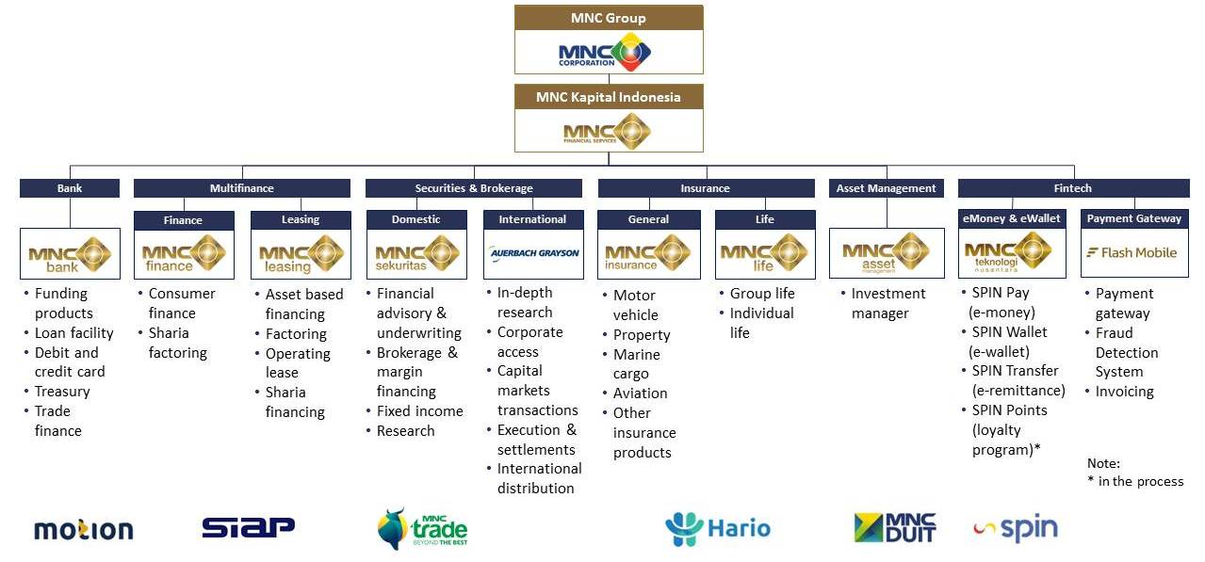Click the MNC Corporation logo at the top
605,52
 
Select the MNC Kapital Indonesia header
609,97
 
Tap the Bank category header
70,188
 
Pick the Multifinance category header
241,188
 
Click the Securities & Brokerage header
473,188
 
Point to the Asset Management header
886,188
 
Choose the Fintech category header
1073,188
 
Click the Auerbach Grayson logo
534,252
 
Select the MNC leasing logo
301,254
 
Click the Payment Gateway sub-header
1134,218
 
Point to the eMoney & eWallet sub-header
1011,218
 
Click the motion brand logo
84,530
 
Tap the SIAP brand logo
248,527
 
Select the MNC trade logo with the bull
422,529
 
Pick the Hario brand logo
718,529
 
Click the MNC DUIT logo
895,527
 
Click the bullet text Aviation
640,393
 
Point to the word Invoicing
1124,392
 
